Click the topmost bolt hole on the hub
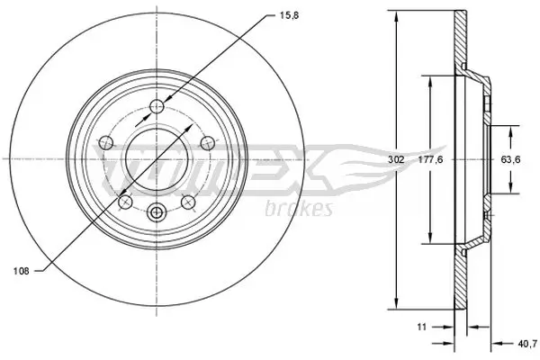tap(157, 106)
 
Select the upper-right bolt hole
tap(206, 141)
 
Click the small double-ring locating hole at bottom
tap(157, 213)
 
